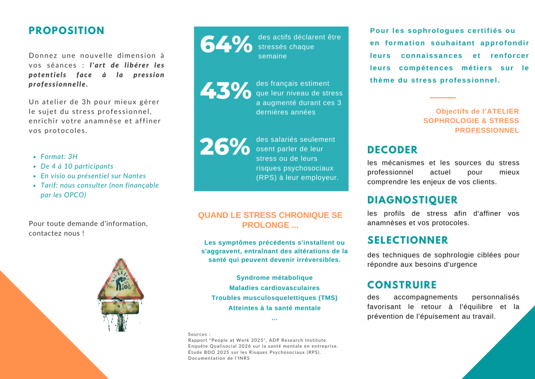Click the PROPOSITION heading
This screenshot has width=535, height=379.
66,31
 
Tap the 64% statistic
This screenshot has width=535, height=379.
226,45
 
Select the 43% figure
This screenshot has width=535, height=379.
225,92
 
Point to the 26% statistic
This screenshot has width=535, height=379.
225,148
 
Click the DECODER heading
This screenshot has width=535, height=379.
392,150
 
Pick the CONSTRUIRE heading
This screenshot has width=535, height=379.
402,285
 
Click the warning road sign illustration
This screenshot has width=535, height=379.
121,293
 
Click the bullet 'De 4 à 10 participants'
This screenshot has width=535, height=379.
77,166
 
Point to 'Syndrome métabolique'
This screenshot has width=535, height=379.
274,278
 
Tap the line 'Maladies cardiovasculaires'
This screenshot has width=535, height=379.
274,288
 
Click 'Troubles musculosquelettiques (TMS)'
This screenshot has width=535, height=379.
274,298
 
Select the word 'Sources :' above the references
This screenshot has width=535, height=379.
199,334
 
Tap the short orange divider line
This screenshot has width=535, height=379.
443,97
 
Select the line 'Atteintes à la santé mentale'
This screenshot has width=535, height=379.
274,308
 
